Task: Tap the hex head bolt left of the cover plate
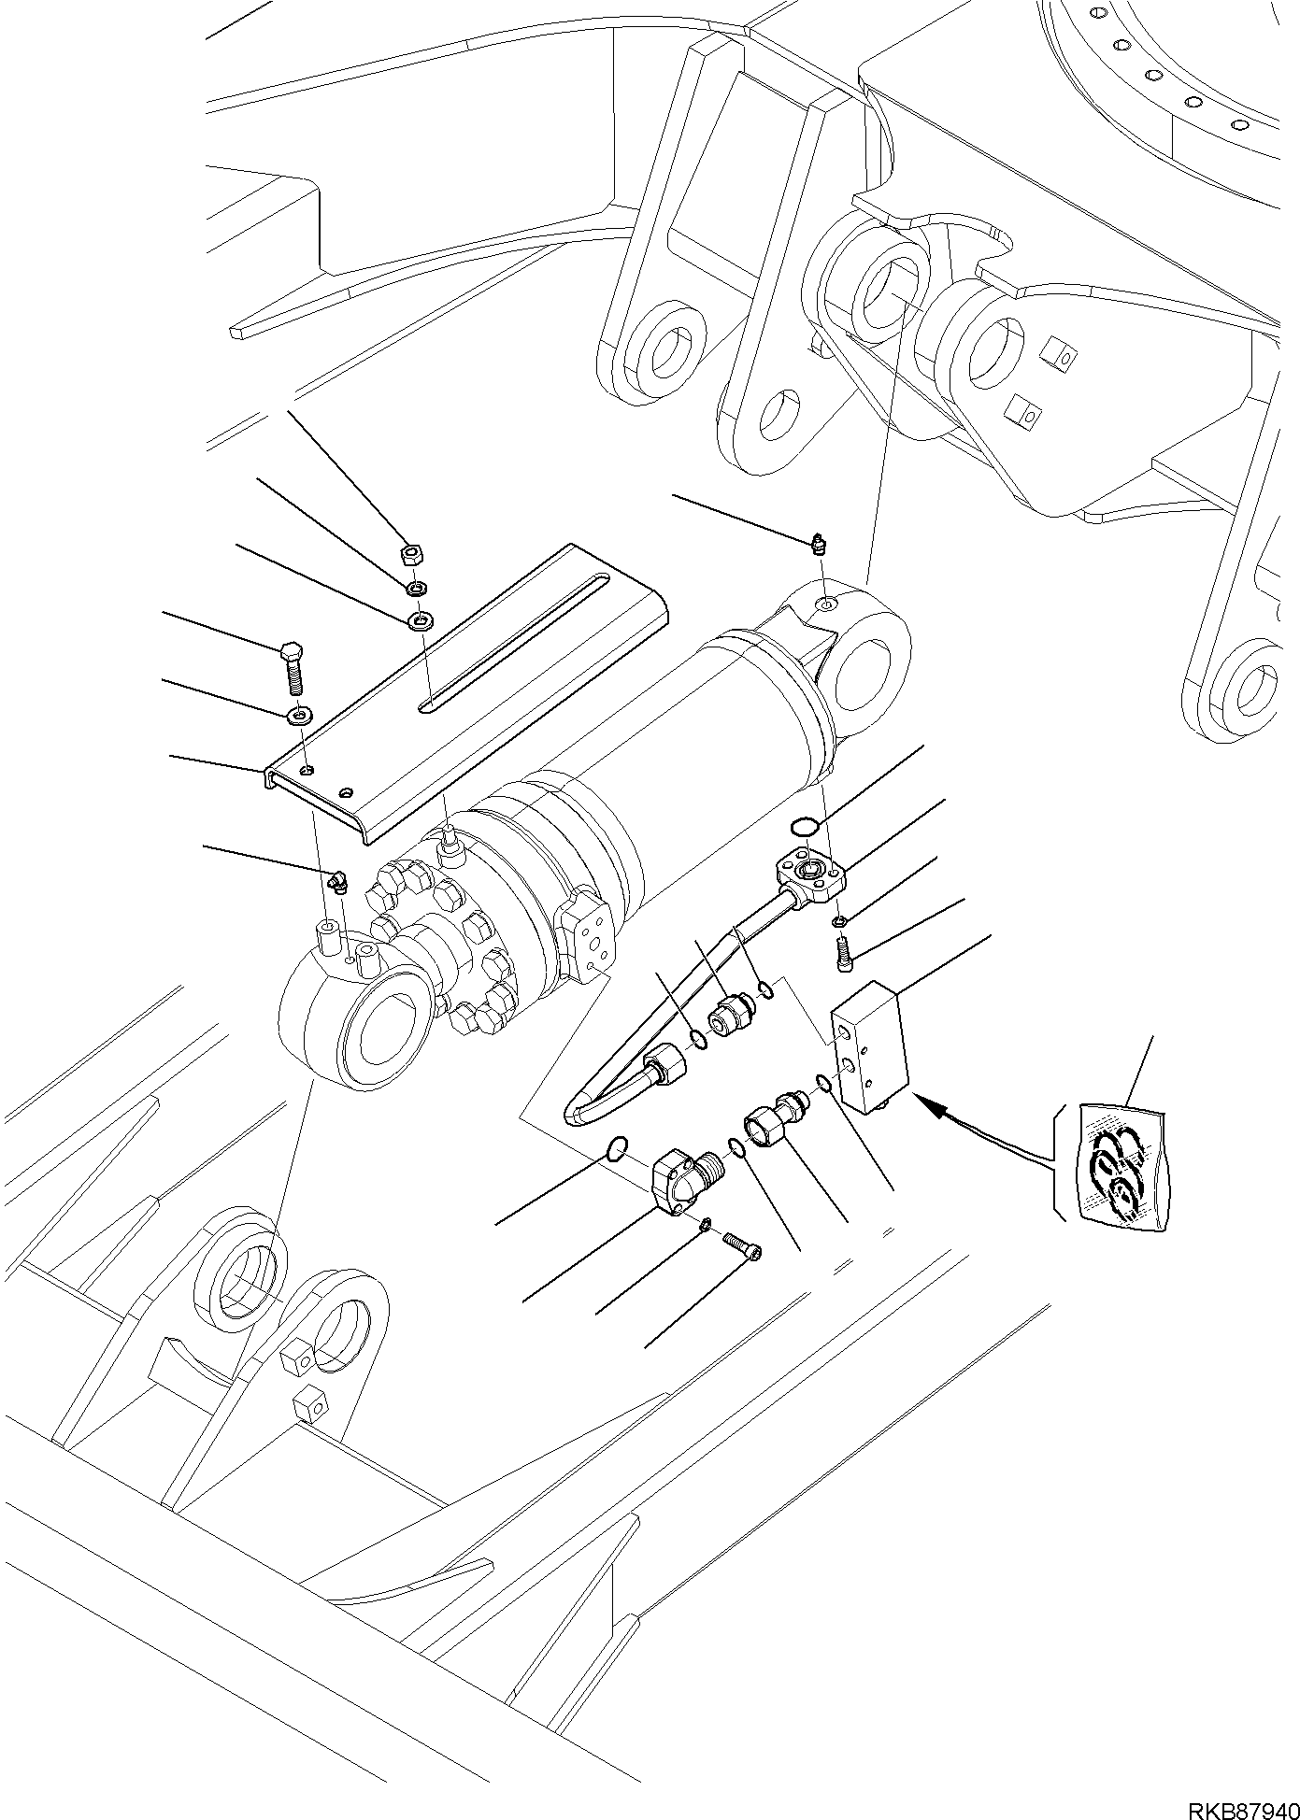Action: coord(292,662)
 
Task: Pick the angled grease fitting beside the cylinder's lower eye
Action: coord(338,881)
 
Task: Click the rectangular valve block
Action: coord(868,1045)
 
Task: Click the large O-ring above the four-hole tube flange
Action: coord(804,826)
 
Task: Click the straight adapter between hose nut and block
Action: coord(729,1014)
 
